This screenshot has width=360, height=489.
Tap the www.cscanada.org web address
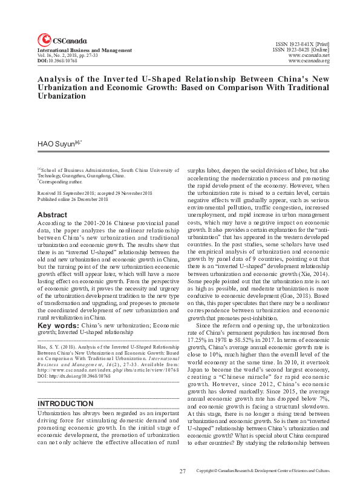point(309,61)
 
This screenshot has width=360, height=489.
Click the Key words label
point(53,324)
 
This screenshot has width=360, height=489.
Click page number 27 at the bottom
point(182,470)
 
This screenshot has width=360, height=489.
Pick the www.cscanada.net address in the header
point(309,55)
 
